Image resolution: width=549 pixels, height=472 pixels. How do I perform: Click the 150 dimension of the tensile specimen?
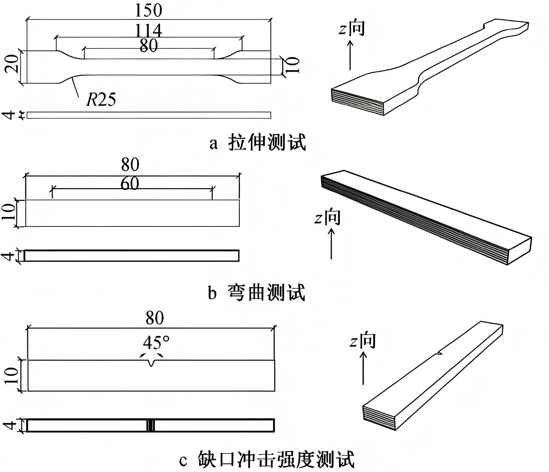pos(148,11)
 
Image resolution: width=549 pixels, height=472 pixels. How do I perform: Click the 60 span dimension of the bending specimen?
pos(130,183)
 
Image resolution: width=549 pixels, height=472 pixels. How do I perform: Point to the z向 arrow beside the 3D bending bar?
pos(331,244)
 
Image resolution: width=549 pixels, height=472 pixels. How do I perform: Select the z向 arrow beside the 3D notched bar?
pos(363,368)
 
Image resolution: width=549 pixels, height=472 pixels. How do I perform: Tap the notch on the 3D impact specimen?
pos(439,353)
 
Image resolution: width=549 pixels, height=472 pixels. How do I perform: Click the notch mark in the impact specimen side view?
pos(150,426)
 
